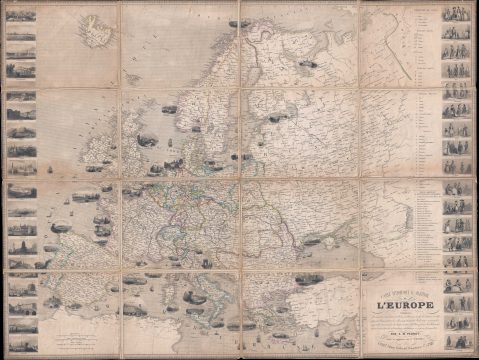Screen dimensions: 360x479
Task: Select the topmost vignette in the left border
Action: tap(21, 22)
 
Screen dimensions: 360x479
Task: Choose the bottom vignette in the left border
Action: tap(21, 326)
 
